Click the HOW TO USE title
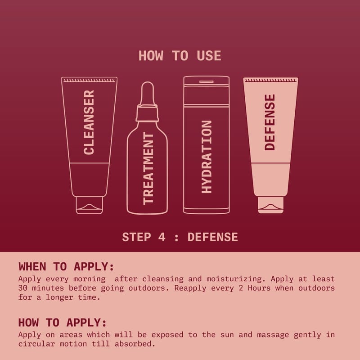pos(180,56)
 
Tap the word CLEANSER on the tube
pos(89,122)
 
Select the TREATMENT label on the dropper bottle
pos(148,168)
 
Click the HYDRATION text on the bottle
pos(207,157)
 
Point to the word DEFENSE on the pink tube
pos(270,122)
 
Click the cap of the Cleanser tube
pos(89,205)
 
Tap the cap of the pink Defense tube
pos(270,205)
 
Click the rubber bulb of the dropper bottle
pos(147,93)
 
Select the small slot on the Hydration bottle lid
pos(207,81)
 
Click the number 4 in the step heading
pos(162,237)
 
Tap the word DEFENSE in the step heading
pos(212,237)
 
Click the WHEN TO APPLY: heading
pos(66,266)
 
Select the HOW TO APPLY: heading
pos(63,322)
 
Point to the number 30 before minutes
pos(23,288)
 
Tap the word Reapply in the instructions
pos(190,288)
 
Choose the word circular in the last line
pos(36,344)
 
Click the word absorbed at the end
pos(135,344)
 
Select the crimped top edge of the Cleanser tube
pos(89,81)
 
